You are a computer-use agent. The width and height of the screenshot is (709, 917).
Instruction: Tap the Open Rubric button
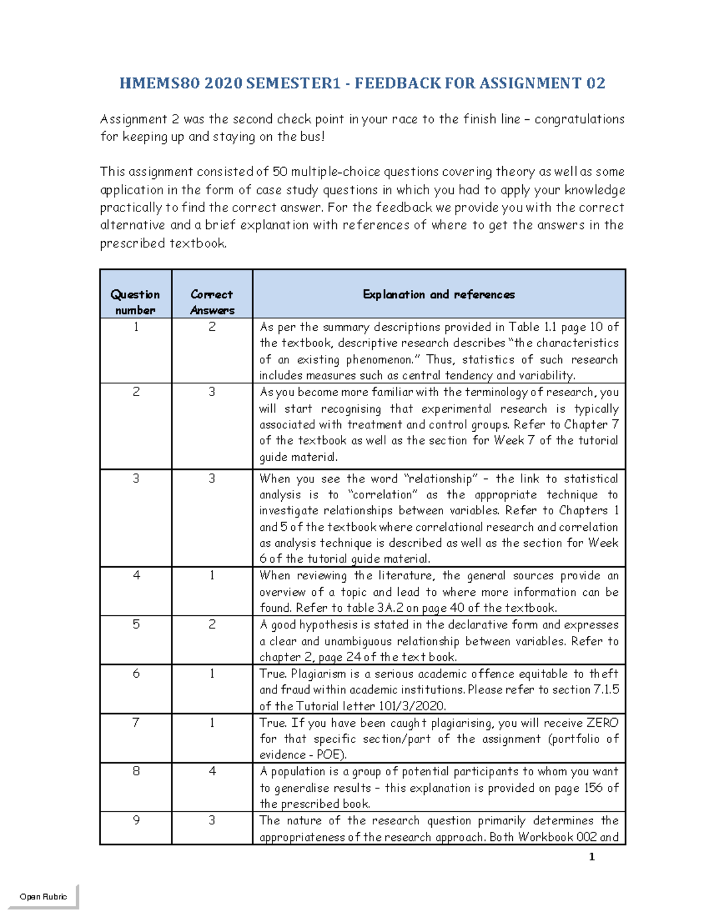(x=43, y=896)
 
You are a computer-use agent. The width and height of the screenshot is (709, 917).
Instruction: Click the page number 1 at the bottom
(x=591, y=857)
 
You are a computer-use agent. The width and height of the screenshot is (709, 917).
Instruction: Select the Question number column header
(x=135, y=301)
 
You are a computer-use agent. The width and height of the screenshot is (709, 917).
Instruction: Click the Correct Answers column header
(x=212, y=301)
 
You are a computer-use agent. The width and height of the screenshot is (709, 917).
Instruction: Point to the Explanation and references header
(x=438, y=294)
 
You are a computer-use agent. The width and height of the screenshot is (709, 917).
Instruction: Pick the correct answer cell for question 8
(x=212, y=771)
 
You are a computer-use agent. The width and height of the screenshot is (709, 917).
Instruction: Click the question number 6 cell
(x=136, y=674)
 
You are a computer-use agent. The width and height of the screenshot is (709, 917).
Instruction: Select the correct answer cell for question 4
(x=212, y=575)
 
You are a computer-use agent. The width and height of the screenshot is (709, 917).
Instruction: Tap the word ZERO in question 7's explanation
(x=602, y=723)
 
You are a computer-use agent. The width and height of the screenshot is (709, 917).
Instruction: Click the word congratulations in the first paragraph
(x=579, y=119)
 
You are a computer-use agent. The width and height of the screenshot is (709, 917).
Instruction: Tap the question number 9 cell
(x=136, y=820)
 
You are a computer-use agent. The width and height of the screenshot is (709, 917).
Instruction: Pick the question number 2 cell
(x=136, y=392)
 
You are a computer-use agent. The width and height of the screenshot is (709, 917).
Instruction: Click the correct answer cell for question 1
(x=212, y=327)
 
